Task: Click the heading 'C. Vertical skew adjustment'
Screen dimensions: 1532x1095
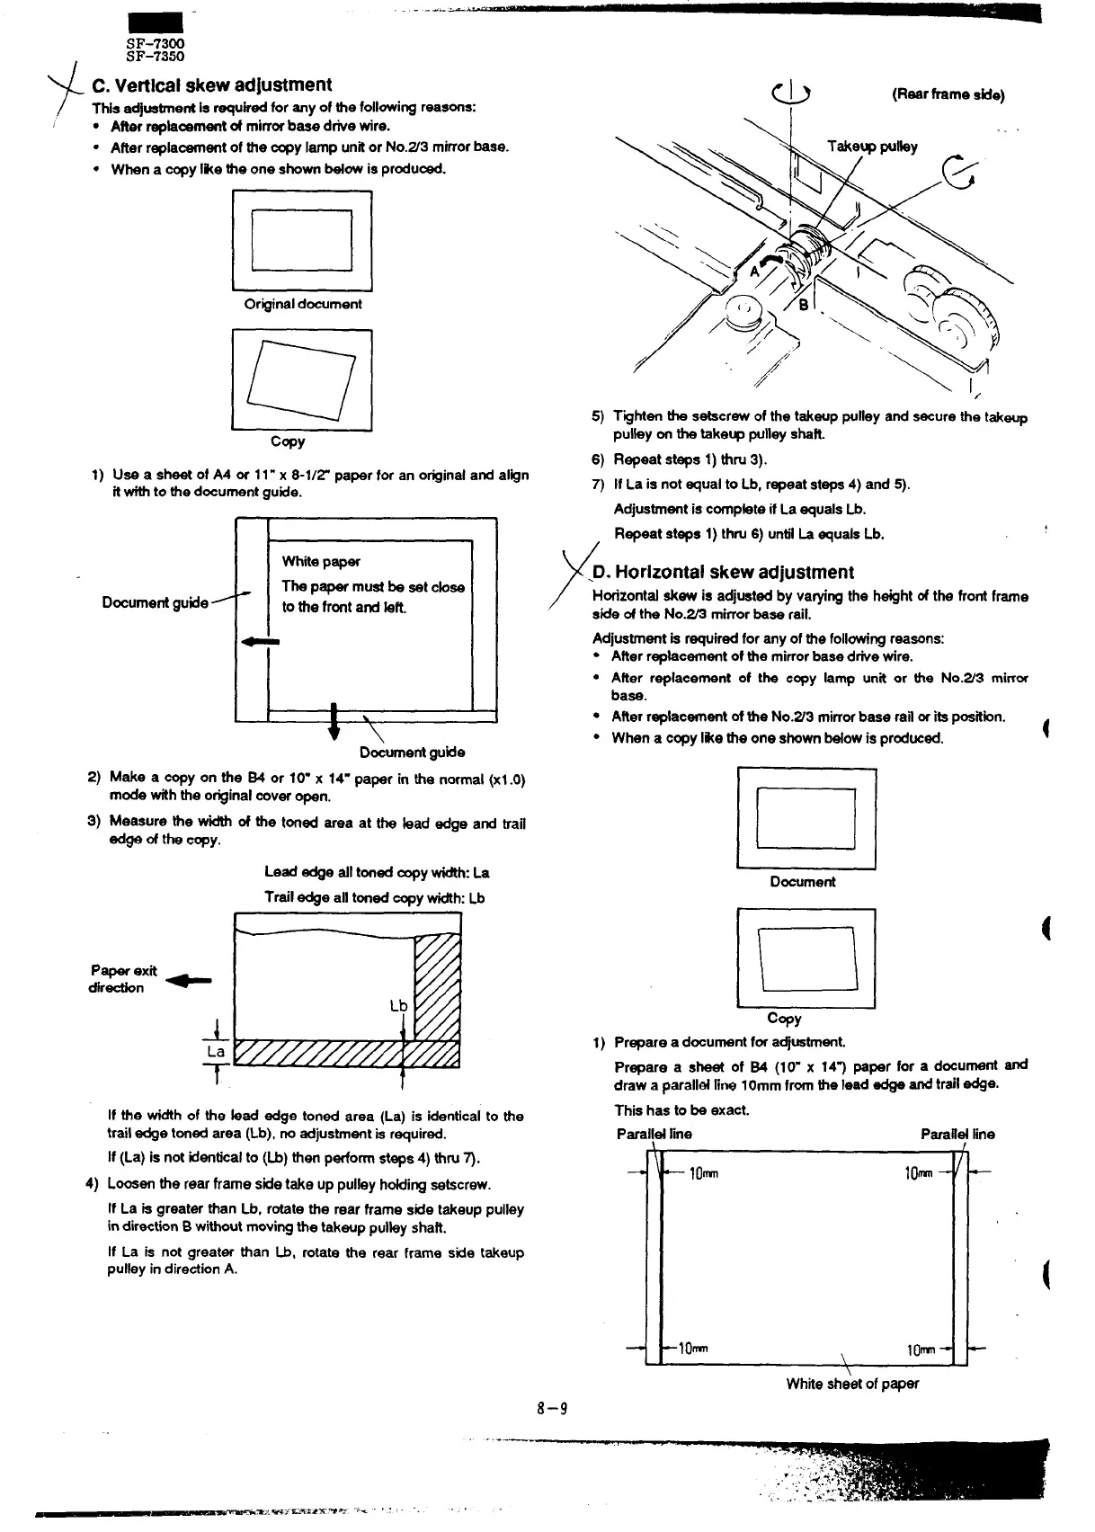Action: coord(212,85)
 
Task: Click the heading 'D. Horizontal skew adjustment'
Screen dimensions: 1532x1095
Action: coord(723,573)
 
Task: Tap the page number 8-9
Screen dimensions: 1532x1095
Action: coord(552,1409)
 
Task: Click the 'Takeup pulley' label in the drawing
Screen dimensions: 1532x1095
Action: coord(873,147)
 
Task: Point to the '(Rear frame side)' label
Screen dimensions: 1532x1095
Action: coord(948,95)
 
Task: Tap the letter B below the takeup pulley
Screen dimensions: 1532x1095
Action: coord(805,304)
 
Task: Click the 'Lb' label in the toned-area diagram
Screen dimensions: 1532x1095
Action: coord(398,1005)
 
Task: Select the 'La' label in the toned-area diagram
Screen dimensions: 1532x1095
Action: coord(216,1051)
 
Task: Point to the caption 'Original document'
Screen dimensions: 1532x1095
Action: coord(303,304)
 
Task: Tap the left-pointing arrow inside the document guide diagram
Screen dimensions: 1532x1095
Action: coord(261,642)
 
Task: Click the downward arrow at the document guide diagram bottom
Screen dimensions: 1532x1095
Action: coord(334,722)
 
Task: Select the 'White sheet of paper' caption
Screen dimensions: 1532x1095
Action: coord(852,1384)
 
